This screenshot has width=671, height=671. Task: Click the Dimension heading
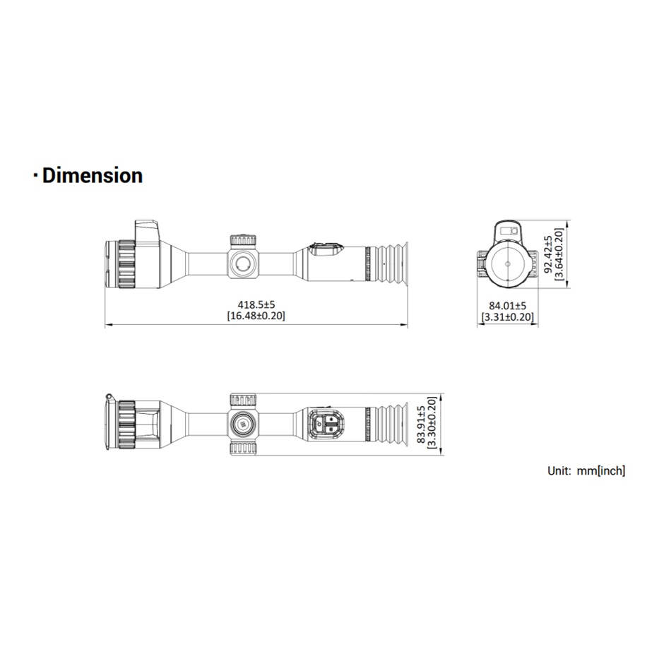tap(92, 175)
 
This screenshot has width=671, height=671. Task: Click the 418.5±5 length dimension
tap(256, 304)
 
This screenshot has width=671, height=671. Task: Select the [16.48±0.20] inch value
tap(256, 316)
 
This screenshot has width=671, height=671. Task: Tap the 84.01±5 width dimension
tap(508, 306)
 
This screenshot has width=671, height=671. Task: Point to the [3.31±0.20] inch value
tap(508, 317)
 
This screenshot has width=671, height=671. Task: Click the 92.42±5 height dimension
tap(548, 254)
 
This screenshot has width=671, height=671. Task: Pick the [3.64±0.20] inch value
tap(559, 254)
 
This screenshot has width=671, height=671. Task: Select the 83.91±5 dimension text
tap(421, 424)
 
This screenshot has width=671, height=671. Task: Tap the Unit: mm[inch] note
tap(586, 470)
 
